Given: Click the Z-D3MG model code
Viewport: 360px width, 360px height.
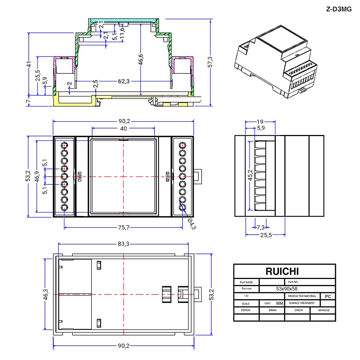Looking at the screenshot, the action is pyautogui.click(x=339, y=9).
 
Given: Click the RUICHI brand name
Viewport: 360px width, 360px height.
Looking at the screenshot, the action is pyautogui.click(x=282, y=271).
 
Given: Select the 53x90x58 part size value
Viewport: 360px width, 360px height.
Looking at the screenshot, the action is pyautogui.click(x=287, y=289).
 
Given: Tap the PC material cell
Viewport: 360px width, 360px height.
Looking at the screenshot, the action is pyautogui.click(x=328, y=296).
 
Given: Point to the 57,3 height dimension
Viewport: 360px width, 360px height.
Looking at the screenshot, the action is pyautogui.click(x=210, y=62).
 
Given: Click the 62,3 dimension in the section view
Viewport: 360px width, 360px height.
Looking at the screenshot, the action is pyautogui.click(x=124, y=81).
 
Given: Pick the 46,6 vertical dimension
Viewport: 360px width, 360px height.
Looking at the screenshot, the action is pyautogui.click(x=141, y=59).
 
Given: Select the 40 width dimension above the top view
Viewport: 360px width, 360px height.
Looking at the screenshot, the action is pyautogui.click(x=123, y=129).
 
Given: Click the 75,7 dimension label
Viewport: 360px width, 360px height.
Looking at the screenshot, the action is pyautogui.click(x=124, y=228).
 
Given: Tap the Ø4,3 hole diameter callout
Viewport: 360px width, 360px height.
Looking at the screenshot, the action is pyautogui.click(x=192, y=224).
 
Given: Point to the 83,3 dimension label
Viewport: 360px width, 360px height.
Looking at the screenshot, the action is pyautogui.click(x=123, y=244).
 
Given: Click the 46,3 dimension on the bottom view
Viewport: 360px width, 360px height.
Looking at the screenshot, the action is pyautogui.click(x=46, y=294).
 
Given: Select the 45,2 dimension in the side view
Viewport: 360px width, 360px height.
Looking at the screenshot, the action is pyautogui.click(x=250, y=175).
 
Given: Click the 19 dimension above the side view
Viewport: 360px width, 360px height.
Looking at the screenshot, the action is pyautogui.click(x=260, y=122).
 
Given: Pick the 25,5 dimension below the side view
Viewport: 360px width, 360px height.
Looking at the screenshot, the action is pyautogui.click(x=266, y=235).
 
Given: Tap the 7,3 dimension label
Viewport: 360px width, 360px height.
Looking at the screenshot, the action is pyautogui.click(x=261, y=228).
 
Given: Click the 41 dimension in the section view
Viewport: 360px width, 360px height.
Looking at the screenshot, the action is pyautogui.click(x=29, y=64).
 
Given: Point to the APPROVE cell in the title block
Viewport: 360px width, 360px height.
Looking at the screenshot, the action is pyautogui.click(x=324, y=310).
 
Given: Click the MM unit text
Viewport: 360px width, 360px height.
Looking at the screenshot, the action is pyautogui.click(x=280, y=303).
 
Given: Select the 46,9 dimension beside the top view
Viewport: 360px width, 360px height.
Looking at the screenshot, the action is pyautogui.click(x=37, y=176).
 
